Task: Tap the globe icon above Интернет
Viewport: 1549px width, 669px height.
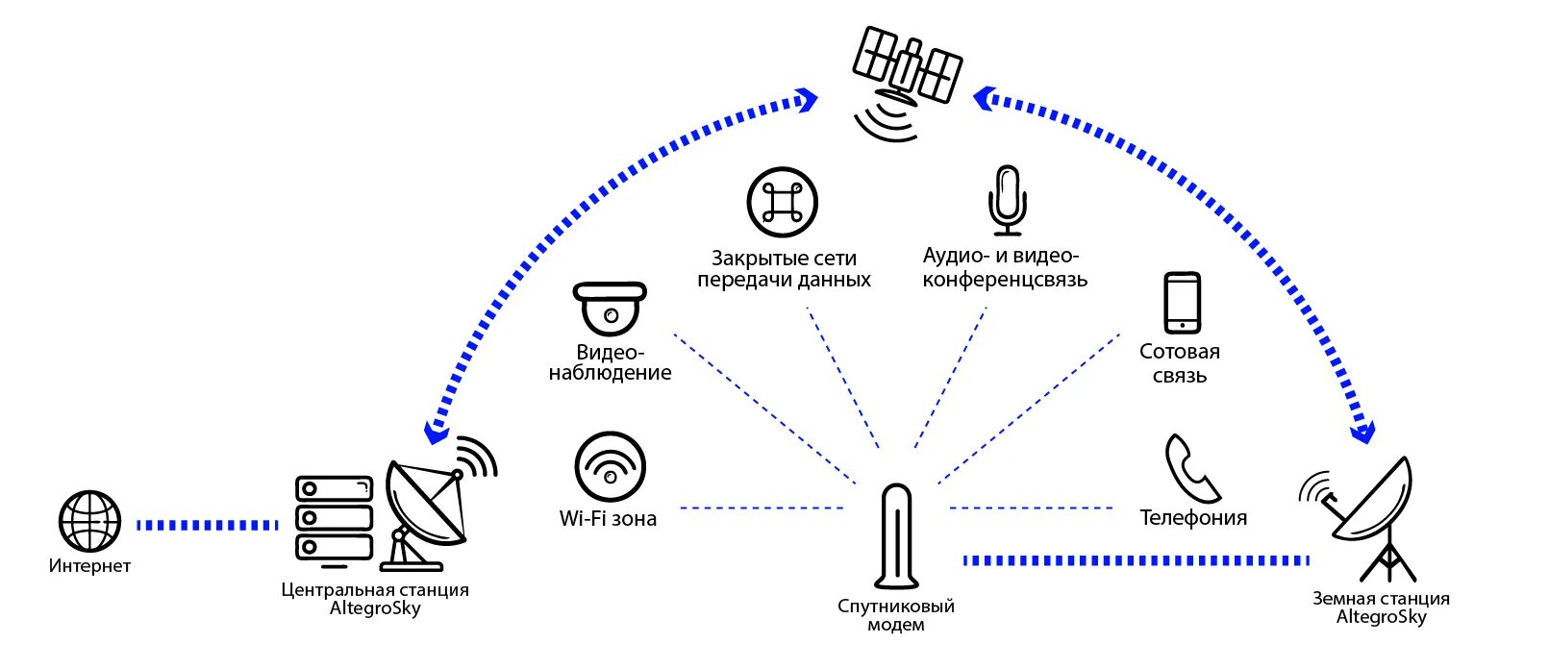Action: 89,522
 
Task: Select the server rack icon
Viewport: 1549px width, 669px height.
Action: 334,518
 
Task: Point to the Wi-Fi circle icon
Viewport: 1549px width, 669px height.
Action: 610,466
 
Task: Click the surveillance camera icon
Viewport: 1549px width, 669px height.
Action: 610,308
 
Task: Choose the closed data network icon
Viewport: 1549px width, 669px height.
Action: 782,202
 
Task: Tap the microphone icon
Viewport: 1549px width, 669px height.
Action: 1007,200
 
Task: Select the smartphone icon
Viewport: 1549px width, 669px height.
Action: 1182,303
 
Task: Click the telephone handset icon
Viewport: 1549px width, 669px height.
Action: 1192,468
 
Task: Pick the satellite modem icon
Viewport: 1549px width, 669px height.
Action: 896,535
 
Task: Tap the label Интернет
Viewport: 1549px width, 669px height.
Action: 89,566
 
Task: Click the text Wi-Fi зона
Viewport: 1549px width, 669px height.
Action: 608,519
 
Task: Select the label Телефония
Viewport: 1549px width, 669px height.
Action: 1193,518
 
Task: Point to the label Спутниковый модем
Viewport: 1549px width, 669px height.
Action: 896,615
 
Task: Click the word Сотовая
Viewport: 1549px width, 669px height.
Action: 1180,352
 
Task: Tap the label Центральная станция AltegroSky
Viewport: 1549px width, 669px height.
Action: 375,599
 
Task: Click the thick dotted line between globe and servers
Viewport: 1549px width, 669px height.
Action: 207,526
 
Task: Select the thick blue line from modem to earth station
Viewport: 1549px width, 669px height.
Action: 1136,560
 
